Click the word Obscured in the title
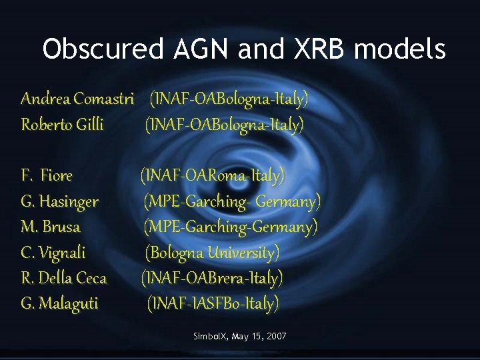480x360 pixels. pos(103,49)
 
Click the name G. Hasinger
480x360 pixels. pos(59,201)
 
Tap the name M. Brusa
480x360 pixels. pos(51,227)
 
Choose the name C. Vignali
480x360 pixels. pos(53,253)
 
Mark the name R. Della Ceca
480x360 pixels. pos(63,277)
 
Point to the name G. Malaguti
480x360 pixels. pos(59,303)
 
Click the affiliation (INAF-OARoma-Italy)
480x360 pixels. pos(212,176)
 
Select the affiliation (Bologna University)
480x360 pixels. pos(213,253)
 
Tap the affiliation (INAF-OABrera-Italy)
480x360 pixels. pos(211,277)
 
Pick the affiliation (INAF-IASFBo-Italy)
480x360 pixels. pos(213,303)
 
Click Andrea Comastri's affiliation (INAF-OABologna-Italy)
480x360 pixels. pos(229,99)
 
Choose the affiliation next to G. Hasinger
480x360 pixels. pos(232,201)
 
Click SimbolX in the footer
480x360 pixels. pos(210,337)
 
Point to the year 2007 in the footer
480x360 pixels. pos(275,337)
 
